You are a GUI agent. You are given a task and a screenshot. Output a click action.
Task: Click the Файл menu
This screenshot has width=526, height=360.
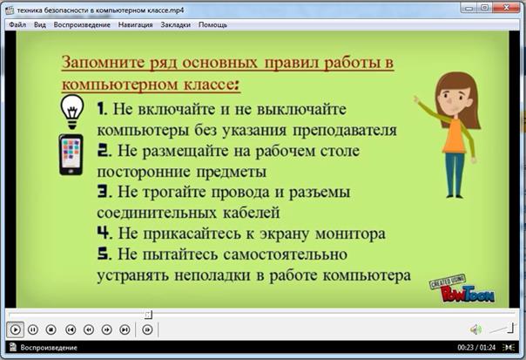coord(17,25)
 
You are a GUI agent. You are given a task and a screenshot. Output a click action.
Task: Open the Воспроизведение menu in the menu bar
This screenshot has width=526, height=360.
coord(82,25)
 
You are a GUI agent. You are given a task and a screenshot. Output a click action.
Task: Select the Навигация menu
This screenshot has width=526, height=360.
coord(135,25)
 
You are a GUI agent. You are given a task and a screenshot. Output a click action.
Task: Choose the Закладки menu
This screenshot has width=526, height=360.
coord(175,25)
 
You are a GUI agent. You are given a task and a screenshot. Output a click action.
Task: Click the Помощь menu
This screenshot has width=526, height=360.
coord(212,25)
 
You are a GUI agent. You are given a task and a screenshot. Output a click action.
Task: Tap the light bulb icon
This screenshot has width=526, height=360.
coord(71,112)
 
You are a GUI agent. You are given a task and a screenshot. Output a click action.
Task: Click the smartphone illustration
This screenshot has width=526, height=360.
coord(71,154)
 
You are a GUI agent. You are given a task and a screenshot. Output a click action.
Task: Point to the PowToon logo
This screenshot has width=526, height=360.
coord(462,289)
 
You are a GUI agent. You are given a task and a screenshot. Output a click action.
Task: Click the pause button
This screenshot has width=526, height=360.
coord(33,329)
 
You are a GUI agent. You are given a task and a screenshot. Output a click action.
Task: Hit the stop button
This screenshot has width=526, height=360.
coord(51,329)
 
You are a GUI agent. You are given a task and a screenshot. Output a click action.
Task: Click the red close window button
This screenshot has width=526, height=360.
coord(507,7)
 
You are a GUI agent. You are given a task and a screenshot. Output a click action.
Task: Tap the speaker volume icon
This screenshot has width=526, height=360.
coord(475,329)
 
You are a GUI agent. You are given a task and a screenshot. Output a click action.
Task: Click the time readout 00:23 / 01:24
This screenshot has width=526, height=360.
coord(476,348)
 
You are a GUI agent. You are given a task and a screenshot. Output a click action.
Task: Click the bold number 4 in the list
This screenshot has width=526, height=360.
coord(104,233)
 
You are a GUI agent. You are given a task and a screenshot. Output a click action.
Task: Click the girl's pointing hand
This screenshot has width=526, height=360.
coord(417,99)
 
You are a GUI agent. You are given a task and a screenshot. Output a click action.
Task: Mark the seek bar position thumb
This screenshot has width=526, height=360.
coord(148,315)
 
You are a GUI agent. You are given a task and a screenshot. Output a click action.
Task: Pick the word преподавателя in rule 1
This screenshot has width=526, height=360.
coord(345,131)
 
